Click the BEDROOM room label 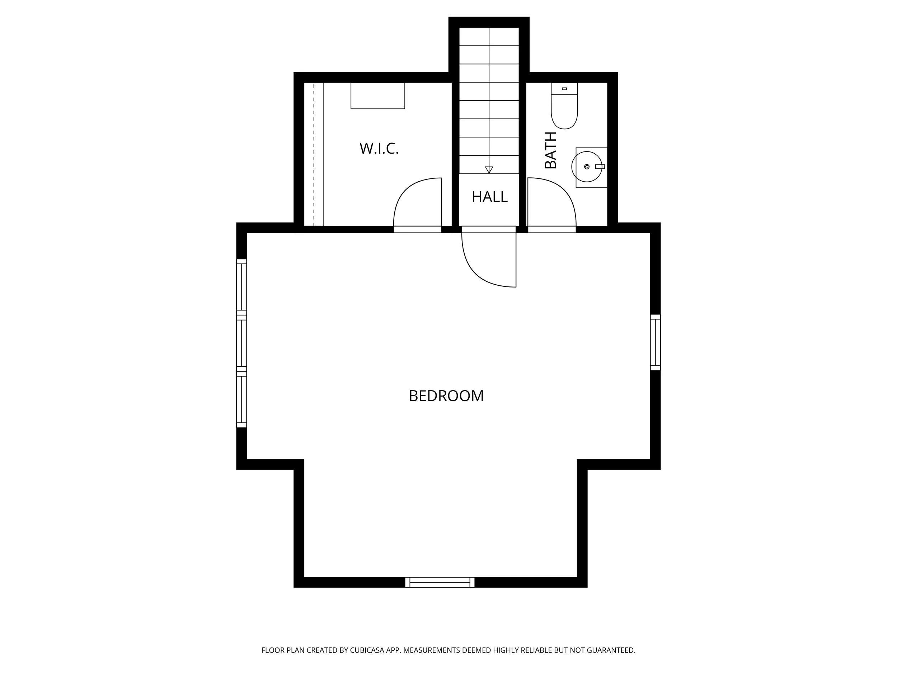coord(446,396)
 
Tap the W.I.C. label coord(379,149)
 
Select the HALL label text coord(489,197)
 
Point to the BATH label coord(551,150)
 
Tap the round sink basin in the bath coord(586,167)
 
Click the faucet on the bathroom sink coord(600,167)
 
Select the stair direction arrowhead coord(489,169)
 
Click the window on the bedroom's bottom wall coord(440,583)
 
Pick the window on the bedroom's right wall coord(655,342)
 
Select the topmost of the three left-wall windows coord(241,286)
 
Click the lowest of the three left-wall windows coord(241,399)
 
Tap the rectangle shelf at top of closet coord(377,96)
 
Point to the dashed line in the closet coord(314,154)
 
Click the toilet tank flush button coord(564,88)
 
